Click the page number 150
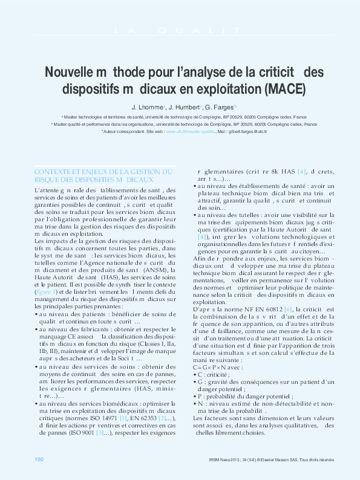point(39,460)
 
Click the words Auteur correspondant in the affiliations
point(124,131)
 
